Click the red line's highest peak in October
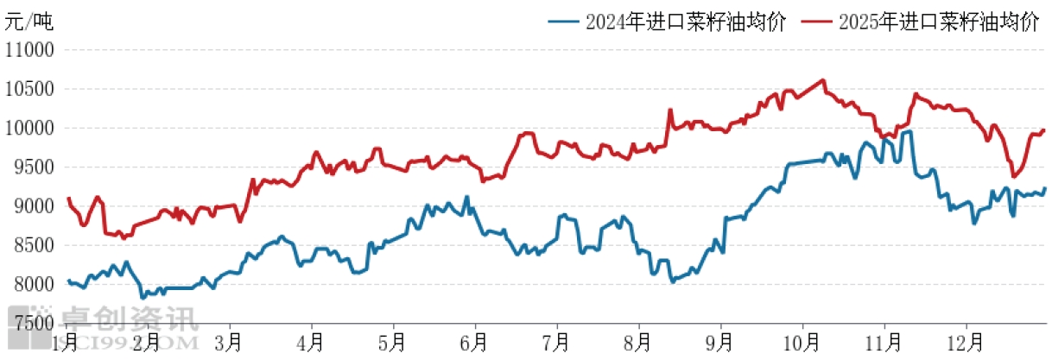824,80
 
